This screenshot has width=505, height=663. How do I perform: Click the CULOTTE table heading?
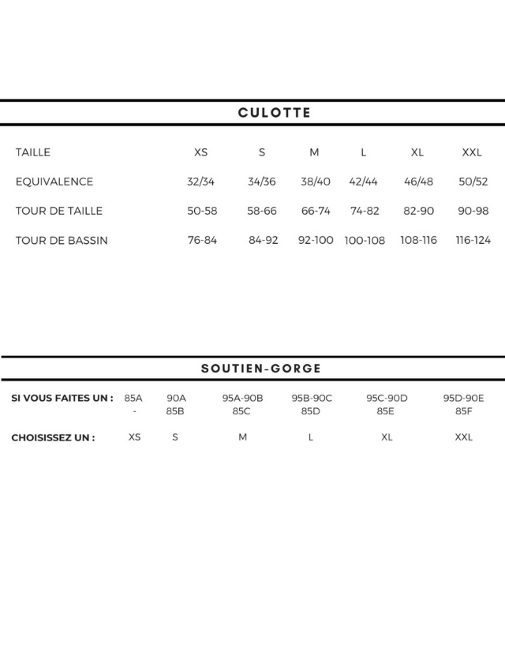point(274,113)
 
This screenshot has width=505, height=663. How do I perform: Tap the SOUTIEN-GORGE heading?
point(261,369)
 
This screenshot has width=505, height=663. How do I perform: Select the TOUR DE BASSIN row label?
point(62,241)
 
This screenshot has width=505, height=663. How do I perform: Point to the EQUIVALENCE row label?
point(54,182)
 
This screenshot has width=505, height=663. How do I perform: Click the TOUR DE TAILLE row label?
point(59,211)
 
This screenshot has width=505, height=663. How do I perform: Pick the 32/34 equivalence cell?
point(200,182)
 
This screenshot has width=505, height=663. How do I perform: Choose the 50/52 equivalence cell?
point(473,182)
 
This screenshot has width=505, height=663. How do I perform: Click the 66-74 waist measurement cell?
point(316,211)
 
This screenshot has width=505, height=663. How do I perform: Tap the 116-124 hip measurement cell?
point(473,240)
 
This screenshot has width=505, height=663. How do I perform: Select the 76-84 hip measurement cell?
point(202,240)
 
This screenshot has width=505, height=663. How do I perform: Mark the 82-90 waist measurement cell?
point(418,211)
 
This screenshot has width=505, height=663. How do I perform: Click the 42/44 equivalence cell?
point(364,182)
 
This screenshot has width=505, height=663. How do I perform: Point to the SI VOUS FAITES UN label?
point(62,398)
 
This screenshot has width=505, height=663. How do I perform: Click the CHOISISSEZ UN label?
point(54,437)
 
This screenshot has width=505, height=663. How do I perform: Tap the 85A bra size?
point(134,398)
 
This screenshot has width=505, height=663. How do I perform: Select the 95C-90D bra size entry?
point(387,398)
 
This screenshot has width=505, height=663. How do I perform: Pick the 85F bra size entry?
point(463,411)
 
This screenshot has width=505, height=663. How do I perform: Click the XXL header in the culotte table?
point(472,152)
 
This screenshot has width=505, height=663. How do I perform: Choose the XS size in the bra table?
point(135,437)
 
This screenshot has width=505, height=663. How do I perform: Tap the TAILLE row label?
point(33,152)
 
